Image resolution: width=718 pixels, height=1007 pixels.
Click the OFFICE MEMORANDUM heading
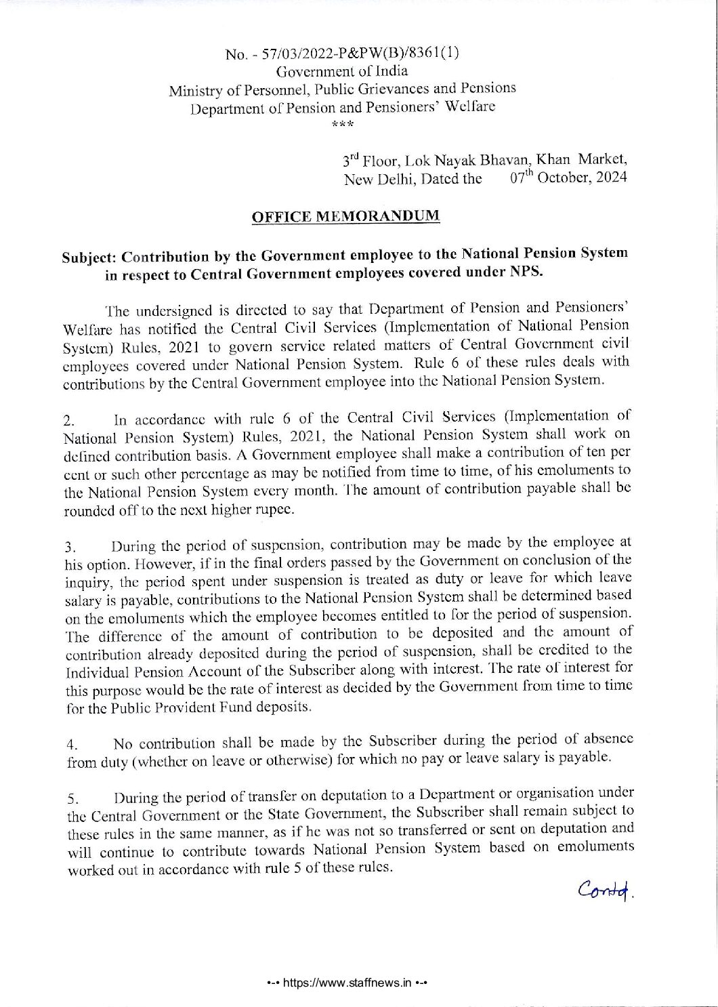(345, 217)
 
